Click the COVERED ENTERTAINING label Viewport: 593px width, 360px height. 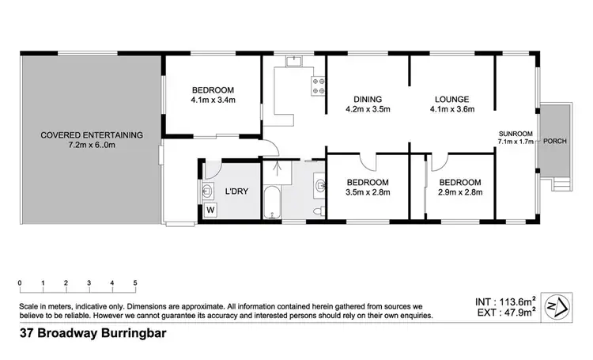click(92, 135)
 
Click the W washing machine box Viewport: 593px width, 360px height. click(211, 210)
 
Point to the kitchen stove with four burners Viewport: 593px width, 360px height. click(319, 85)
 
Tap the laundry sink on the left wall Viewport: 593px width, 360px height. click(209, 190)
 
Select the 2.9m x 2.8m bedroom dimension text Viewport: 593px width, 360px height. click(455, 192)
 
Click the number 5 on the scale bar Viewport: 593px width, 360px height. click(135, 282)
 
